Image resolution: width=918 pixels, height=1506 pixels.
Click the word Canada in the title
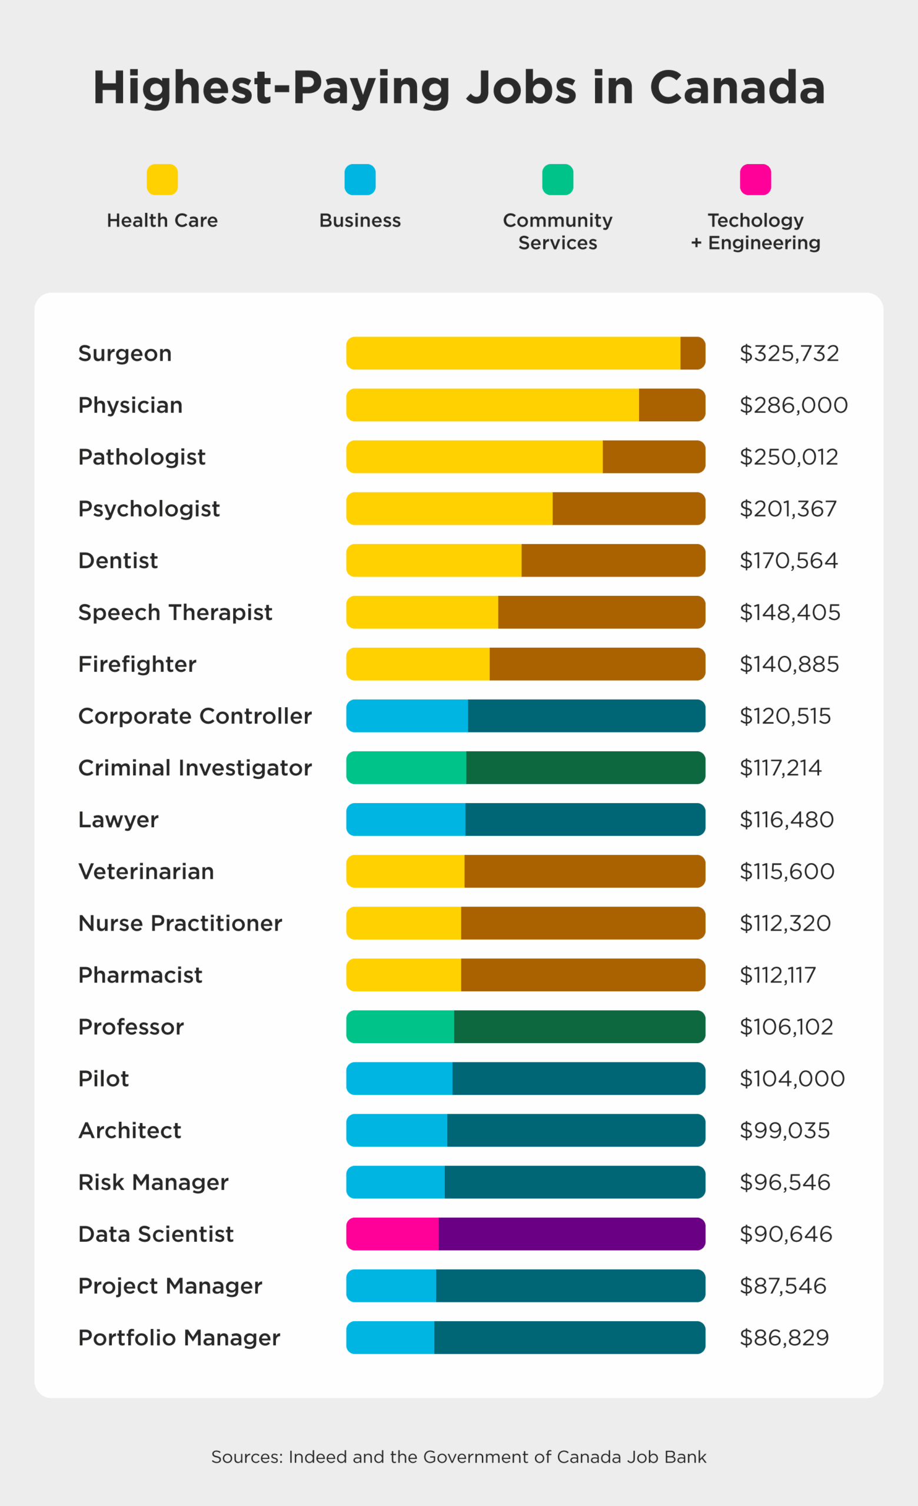(x=737, y=88)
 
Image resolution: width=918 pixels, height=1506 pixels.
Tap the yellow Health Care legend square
(x=162, y=179)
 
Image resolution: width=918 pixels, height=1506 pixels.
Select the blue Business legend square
(x=360, y=179)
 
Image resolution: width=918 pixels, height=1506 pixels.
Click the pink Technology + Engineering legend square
(x=756, y=179)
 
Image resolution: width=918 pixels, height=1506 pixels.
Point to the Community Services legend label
(x=557, y=231)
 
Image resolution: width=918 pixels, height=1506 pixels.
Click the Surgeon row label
(x=125, y=354)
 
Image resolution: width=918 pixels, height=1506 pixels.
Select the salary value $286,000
(x=793, y=405)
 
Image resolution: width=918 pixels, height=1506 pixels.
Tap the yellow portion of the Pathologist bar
(x=474, y=457)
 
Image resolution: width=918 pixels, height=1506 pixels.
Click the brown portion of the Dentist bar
(x=613, y=561)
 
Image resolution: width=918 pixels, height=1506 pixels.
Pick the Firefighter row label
(x=137, y=664)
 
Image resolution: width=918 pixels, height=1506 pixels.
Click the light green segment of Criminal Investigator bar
(x=406, y=768)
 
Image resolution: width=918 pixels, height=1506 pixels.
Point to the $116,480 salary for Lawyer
(x=787, y=819)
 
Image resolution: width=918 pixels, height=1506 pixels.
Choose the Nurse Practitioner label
(x=179, y=923)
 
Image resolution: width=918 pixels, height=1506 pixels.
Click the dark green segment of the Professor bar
(x=580, y=1027)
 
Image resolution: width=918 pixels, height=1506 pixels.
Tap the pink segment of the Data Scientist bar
(x=392, y=1234)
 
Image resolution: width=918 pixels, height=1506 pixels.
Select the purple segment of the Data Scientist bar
(x=571, y=1234)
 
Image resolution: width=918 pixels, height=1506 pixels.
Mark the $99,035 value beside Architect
(x=784, y=1131)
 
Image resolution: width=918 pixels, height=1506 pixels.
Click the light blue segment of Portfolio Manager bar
(x=390, y=1337)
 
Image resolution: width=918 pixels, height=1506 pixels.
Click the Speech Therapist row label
(x=175, y=612)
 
